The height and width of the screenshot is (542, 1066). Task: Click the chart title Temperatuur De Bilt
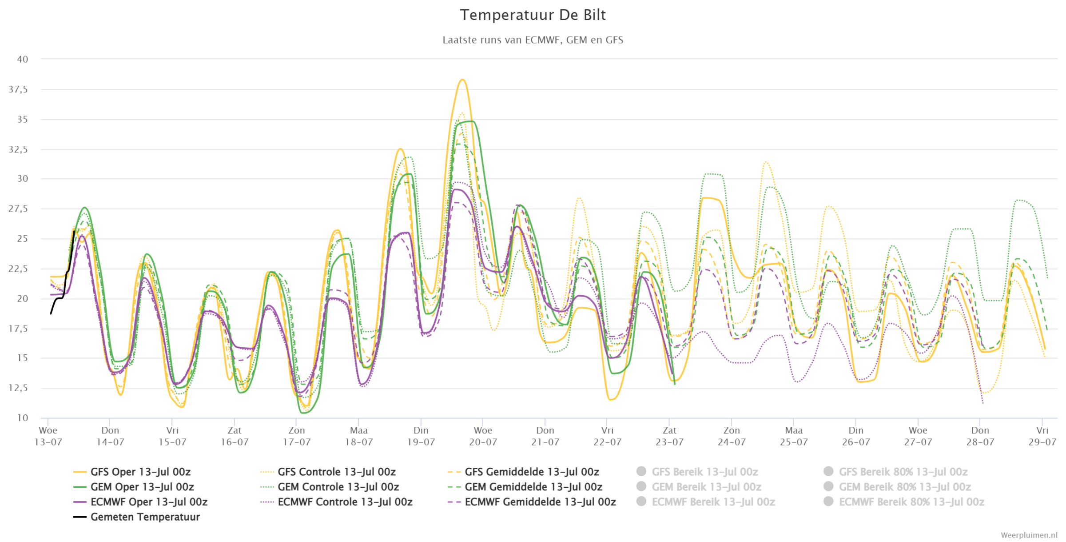[x=533, y=15]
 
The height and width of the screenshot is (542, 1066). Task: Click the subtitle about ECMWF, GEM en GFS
[x=533, y=40]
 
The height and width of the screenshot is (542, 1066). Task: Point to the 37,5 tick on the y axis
[x=18, y=89]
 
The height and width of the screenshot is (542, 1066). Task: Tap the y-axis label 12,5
[x=18, y=388]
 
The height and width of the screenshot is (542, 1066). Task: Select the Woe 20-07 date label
[x=483, y=436]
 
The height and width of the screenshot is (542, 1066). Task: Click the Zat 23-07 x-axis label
[x=669, y=436]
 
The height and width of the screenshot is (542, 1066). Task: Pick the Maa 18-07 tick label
[x=358, y=436]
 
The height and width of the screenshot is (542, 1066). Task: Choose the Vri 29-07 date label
[x=1042, y=436]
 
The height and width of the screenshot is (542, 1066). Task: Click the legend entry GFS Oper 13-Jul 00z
[x=132, y=472]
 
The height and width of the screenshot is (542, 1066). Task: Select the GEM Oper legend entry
[x=133, y=487]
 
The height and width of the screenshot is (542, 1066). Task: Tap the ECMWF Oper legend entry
[x=140, y=502]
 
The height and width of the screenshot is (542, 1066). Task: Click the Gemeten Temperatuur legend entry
[x=137, y=517]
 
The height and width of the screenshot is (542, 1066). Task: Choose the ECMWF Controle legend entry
[x=337, y=502]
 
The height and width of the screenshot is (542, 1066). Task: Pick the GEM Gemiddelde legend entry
[x=525, y=487]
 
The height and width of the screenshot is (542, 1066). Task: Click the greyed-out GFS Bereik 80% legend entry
[x=895, y=472]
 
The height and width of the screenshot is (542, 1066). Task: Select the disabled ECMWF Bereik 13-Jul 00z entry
[x=706, y=502]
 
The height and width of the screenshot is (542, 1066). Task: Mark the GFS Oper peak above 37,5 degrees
[x=462, y=80]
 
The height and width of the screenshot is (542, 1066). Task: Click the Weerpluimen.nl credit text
[x=1028, y=535]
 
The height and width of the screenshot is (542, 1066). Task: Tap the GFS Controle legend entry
[x=328, y=472]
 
